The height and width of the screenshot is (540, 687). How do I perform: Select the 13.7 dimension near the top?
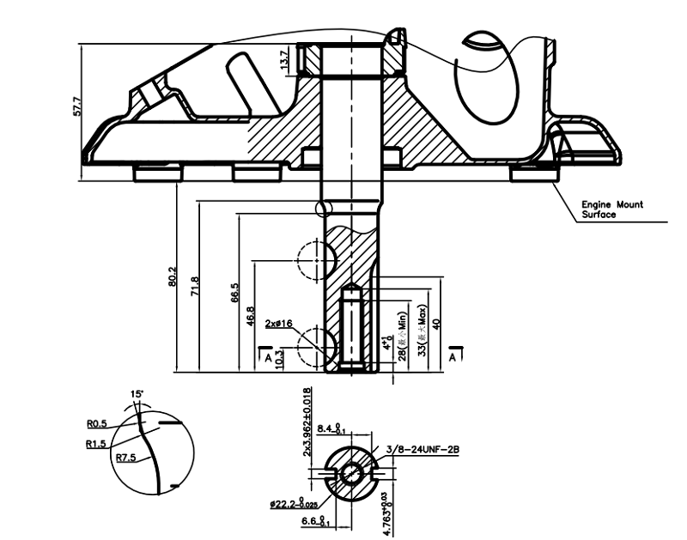pos(284,59)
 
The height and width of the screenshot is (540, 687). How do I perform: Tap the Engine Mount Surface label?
pos(611,209)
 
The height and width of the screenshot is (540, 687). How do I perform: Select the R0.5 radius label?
pos(96,423)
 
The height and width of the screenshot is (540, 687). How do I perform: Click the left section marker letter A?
pos(269,357)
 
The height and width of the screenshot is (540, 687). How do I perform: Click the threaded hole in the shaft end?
pos(350,326)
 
